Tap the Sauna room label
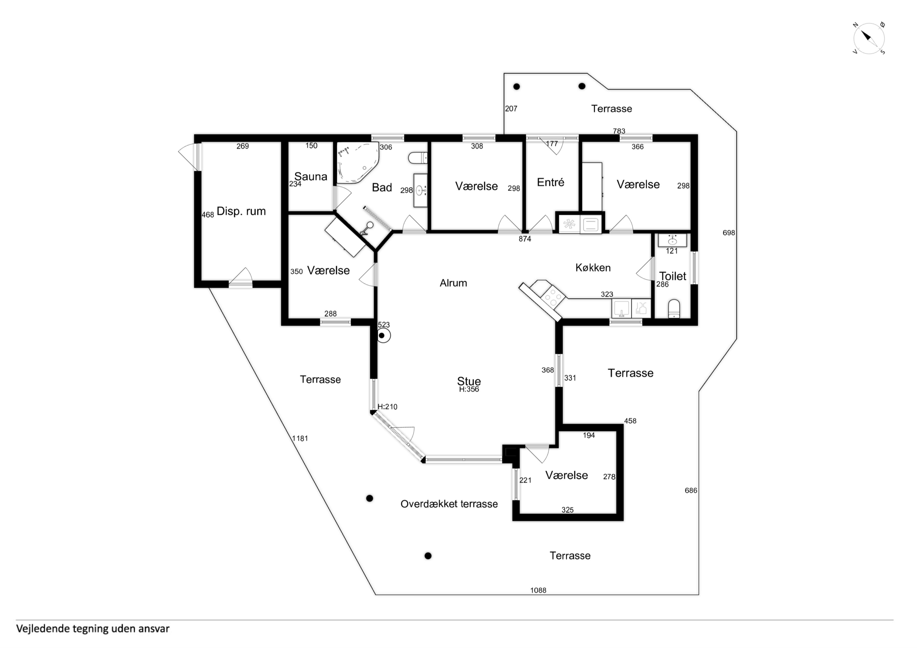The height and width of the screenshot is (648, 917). (311, 176)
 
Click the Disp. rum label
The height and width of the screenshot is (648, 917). (241, 211)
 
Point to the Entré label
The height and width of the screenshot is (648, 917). (550, 182)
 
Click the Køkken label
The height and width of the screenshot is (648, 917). (593, 268)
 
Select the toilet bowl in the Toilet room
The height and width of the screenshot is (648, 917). (674, 308)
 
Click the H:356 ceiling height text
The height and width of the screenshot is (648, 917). (469, 389)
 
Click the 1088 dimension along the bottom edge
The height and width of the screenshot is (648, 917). (538, 590)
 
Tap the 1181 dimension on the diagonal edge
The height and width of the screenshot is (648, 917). (300, 438)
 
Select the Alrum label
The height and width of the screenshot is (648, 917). (453, 283)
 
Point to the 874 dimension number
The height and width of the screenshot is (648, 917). (525, 239)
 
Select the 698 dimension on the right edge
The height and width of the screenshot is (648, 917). (729, 233)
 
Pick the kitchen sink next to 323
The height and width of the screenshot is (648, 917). (621, 309)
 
